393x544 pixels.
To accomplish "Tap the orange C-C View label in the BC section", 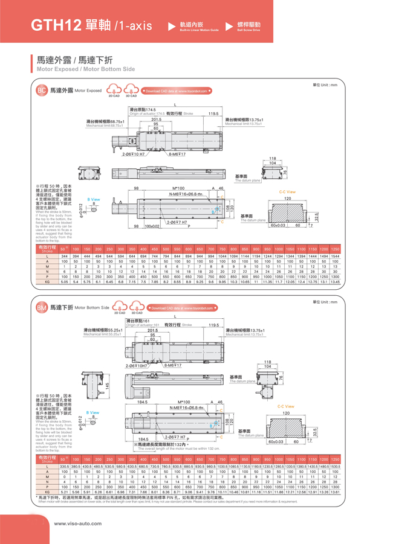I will pyautogui.click(x=287, y=192).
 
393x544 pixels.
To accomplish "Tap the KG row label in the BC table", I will pyautogui.click(x=47, y=281).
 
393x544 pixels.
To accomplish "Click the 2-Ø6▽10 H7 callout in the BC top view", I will pyautogui.click(x=132, y=155).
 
